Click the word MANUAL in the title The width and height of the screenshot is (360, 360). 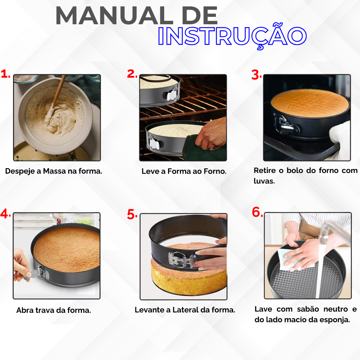point(114,15)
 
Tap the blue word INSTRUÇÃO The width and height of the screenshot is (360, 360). point(232,37)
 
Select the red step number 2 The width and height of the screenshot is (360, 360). point(132,74)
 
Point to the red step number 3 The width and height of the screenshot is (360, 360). point(256,75)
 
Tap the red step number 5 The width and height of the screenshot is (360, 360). point(132,214)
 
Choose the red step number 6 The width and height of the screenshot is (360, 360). point(257,212)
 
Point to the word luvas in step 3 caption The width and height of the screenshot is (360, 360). point(264,181)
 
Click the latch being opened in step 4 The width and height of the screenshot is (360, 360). point(39,273)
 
